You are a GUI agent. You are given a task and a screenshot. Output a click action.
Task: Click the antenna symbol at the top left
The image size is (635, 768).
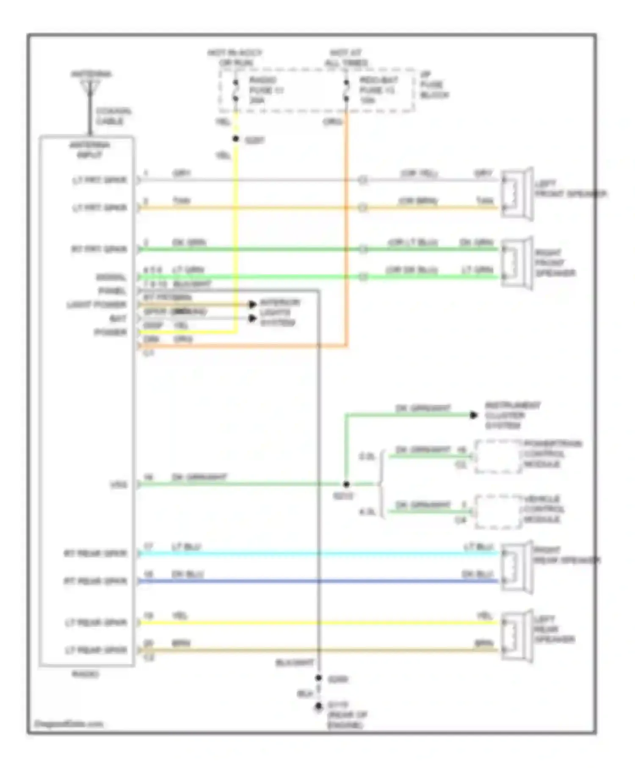[x=90, y=87]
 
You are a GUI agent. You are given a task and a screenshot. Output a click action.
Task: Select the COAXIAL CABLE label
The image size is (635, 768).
[x=113, y=116]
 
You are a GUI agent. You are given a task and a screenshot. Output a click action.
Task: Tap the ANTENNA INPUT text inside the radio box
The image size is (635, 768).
[x=89, y=150]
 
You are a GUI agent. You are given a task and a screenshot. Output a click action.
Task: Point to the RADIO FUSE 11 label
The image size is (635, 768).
[x=265, y=90]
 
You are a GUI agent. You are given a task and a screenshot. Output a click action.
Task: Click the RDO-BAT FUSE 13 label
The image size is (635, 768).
[x=378, y=90]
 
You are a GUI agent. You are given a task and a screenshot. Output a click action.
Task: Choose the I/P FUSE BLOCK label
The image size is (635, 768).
[x=433, y=85]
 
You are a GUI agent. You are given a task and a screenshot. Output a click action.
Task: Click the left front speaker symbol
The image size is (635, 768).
[x=516, y=194]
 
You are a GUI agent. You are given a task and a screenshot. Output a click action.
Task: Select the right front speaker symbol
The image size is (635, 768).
[x=516, y=263]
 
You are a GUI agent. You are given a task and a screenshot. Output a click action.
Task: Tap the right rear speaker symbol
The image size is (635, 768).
[x=516, y=567]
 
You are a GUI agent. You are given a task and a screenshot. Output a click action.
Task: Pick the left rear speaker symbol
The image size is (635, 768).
[x=516, y=636]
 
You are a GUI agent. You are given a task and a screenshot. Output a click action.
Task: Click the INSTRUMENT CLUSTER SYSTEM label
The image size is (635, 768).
[x=512, y=415]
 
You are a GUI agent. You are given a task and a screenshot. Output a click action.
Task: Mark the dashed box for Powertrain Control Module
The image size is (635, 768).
[x=498, y=456]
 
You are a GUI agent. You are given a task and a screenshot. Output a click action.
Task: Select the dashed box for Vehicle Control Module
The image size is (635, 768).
[x=498, y=511]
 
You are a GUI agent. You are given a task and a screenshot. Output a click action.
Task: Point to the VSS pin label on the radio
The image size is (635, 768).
[x=119, y=484]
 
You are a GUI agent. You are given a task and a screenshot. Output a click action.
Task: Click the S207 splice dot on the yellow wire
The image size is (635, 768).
[x=236, y=139]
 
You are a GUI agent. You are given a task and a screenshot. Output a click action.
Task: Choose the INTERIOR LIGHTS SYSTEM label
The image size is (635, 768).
[x=279, y=312]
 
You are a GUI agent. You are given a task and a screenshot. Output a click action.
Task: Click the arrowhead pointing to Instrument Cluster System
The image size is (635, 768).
[x=474, y=415]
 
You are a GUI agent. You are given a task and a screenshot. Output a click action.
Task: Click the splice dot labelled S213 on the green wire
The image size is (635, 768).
[x=346, y=484]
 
